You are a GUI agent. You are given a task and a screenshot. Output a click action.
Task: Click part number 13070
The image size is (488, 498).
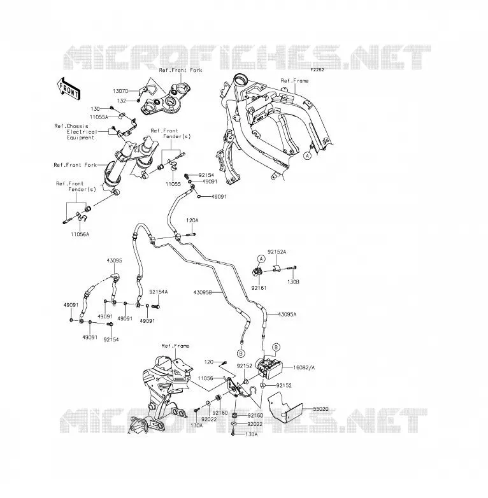[120, 91]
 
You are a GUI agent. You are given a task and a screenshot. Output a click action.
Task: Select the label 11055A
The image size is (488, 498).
[99, 117]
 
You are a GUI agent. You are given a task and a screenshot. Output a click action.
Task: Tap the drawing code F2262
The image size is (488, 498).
[317, 69]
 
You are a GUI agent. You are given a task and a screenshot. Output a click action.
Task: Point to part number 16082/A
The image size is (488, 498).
[304, 367]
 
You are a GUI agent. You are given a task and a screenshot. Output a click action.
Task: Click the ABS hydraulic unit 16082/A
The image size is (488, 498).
[270, 368]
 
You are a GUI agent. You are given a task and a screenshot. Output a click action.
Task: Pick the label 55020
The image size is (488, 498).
[320, 409]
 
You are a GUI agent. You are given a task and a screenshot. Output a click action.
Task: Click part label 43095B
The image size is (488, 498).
[203, 292]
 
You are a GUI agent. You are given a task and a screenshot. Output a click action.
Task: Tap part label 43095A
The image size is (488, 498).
[287, 314]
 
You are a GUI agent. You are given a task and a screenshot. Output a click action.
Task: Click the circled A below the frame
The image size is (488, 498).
[307, 156]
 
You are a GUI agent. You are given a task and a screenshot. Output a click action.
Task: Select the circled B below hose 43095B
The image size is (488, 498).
[241, 353]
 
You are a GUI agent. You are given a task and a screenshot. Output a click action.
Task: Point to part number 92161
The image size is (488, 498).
[259, 288]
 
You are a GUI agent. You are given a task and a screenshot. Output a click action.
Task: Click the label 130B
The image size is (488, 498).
[293, 281]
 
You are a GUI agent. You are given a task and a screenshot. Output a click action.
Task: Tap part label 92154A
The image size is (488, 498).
[159, 292]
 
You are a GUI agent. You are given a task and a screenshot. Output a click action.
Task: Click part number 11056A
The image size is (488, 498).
[80, 234]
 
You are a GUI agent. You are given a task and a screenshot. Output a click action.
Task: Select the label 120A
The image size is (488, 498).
[192, 220]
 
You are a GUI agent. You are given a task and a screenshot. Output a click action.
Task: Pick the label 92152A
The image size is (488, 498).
[276, 252]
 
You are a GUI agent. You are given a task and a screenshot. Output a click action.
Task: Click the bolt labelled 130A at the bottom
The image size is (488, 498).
[233, 432]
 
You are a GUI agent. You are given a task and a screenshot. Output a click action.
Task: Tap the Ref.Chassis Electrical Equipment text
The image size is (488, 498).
[76, 132]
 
